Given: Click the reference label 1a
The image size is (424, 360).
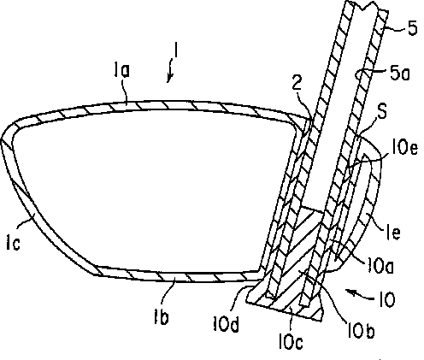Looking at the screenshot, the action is coord(121,70).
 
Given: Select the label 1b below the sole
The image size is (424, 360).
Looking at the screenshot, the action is coord(162,316).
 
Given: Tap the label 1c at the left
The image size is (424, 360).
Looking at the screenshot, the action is coord(13,244).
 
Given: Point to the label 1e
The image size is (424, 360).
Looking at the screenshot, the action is coord(393,232).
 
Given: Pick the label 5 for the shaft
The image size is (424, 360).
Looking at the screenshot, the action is coord(413,28).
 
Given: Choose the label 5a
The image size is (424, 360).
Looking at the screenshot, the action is coord(399,74).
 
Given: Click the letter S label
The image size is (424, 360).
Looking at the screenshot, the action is coord(382,112).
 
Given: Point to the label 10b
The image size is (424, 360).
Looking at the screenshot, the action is coord(360,330).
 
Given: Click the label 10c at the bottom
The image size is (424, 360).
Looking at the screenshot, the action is coord(291,341).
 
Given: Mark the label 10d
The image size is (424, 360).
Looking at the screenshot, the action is coord(226,324).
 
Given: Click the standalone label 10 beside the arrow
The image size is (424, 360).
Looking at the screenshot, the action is coord(386,299).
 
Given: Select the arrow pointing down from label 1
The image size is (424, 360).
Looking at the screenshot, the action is coord(171,71).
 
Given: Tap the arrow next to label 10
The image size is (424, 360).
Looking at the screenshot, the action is coord(360,294).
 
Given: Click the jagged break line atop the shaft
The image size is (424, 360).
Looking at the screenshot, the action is coord(367,6).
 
